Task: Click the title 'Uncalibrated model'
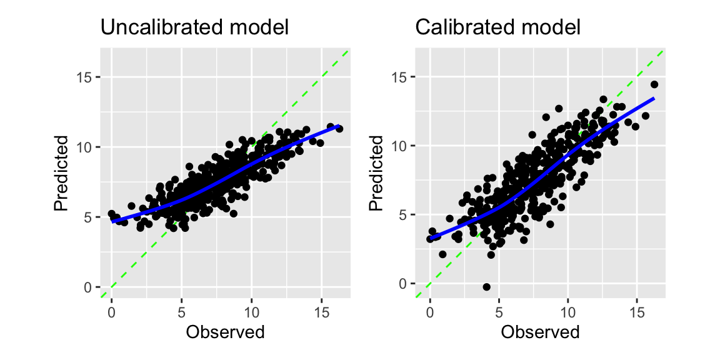[194, 27]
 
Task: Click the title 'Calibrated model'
[498, 27]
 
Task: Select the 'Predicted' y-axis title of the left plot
[60, 178]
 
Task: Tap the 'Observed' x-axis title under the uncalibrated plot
[225, 332]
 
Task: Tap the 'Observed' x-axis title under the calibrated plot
[541, 332]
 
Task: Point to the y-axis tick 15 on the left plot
[86, 77]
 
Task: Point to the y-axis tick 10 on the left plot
[86, 147]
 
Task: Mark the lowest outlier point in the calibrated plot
[486, 287]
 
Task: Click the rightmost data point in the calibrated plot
[654, 84]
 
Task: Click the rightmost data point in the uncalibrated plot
[339, 129]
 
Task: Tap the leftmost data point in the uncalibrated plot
[111, 214]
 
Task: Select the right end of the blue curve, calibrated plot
[654, 98]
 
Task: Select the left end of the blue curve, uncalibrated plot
[112, 221]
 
